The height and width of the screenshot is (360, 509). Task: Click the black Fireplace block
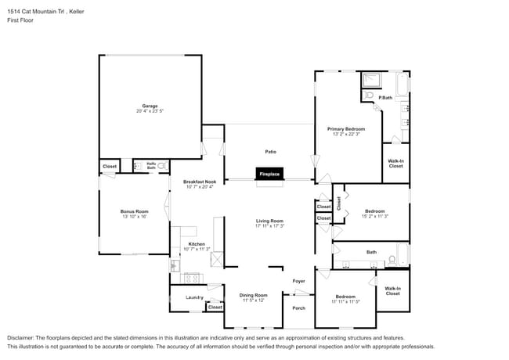(x=269, y=174)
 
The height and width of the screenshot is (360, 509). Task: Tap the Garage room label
(x=150, y=106)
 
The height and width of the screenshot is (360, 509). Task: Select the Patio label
(x=270, y=151)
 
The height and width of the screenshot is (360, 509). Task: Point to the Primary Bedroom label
(x=345, y=128)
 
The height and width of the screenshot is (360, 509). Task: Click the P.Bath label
(x=386, y=98)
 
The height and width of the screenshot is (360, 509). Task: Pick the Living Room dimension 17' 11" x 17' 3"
(x=269, y=226)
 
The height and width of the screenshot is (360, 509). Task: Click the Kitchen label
(x=197, y=243)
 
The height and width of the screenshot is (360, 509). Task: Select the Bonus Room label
(x=134, y=211)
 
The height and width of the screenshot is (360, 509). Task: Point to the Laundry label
(x=194, y=297)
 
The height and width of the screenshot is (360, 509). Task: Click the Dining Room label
(x=254, y=295)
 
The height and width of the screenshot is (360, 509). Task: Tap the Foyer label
(x=298, y=281)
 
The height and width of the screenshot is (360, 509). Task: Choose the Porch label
(x=298, y=308)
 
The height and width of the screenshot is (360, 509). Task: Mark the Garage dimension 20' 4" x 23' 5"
(x=150, y=111)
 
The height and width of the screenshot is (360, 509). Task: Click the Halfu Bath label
(x=151, y=166)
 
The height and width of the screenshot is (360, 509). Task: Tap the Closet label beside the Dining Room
(x=215, y=308)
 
